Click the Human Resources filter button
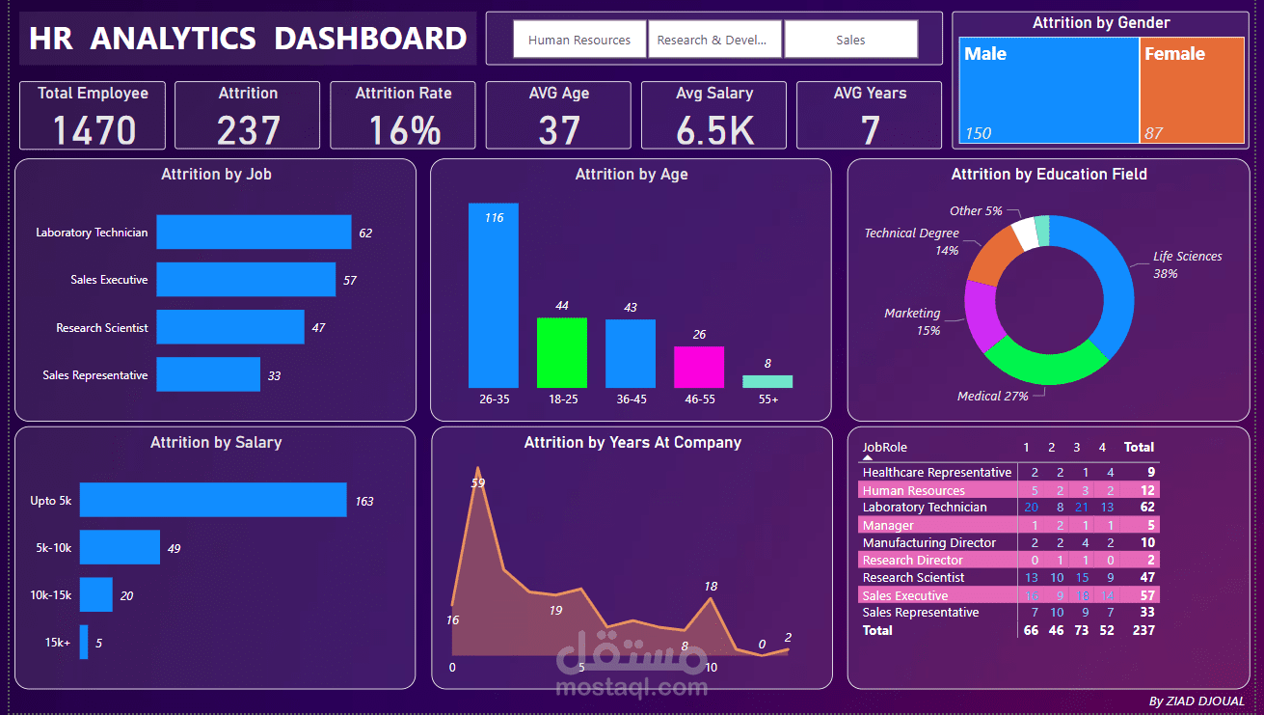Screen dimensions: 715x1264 click(x=579, y=40)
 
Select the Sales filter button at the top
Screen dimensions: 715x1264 click(x=850, y=40)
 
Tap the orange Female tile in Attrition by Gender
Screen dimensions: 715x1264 click(x=1192, y=92)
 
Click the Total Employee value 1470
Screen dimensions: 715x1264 click(x=94, y=129)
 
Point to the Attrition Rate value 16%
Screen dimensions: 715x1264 click(x=403, y=129)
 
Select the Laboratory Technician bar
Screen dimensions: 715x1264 click(x=254, y=233)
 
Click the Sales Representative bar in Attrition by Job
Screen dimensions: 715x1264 click(x=208, y=374)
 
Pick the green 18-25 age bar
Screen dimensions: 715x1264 click(x=562, y=352)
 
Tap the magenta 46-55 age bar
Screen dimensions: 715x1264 click(x=699, y=367)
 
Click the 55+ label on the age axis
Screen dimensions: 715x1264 click(x=767, y=399)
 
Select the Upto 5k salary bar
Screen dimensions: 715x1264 click(x=213, y=500)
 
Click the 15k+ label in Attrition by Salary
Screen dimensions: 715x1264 click(x=57, y=643)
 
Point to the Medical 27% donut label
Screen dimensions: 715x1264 click(x=992, y=396)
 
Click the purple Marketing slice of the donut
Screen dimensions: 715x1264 click(x=982, y=316)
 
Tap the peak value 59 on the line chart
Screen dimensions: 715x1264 click(x=477, y=482)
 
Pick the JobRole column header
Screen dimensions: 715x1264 click(x=884, y=447)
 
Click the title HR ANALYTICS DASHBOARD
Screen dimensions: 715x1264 click(x=248, y=39)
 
